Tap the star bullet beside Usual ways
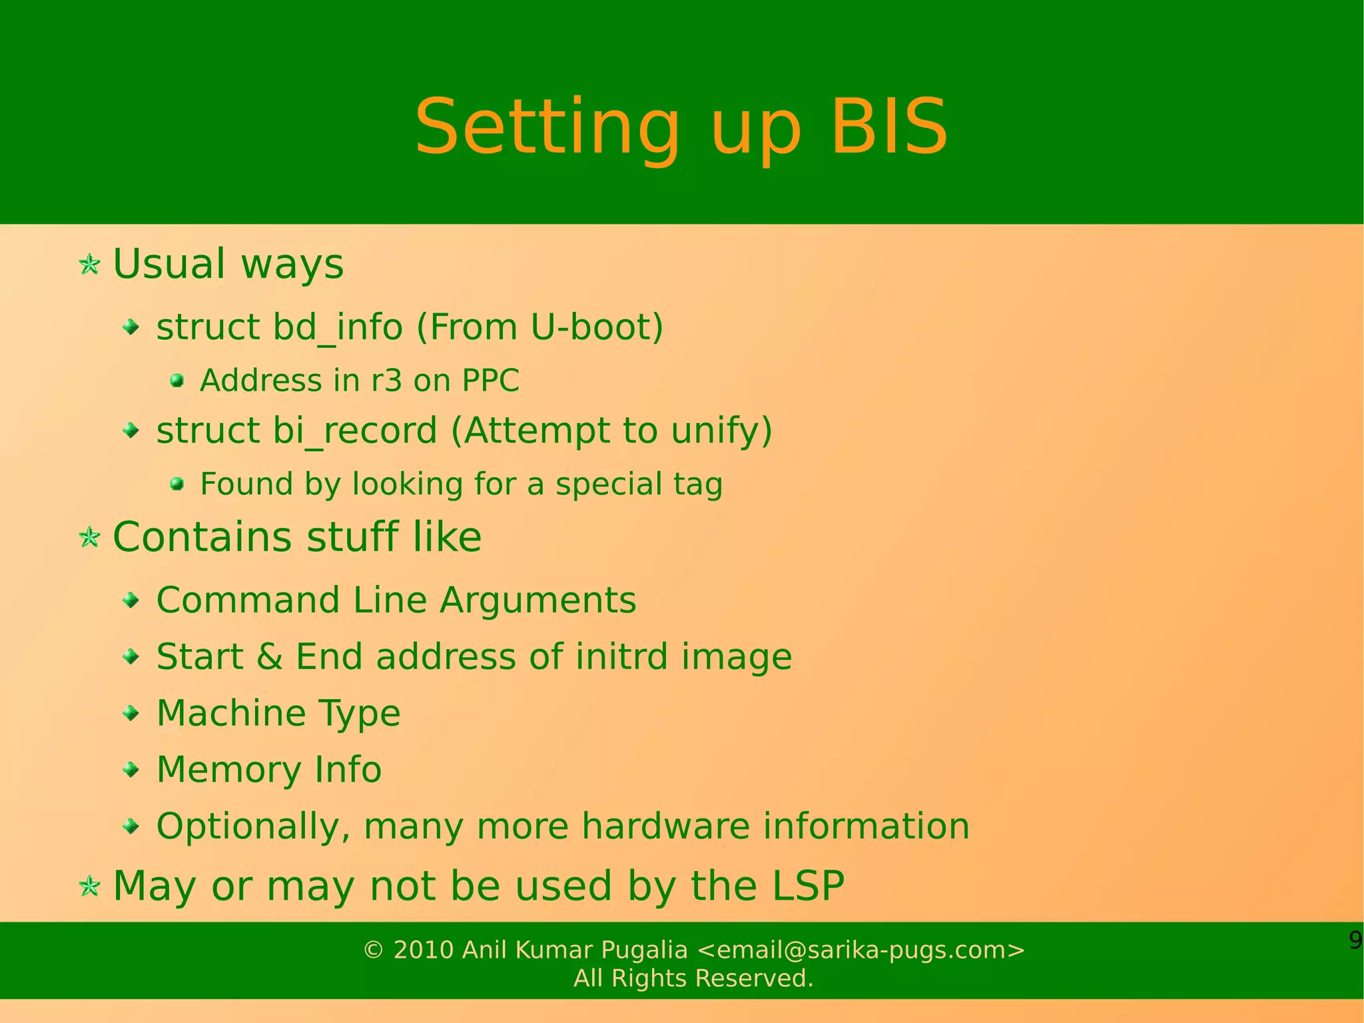[89, 265]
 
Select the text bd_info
[338, 328]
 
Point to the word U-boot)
[597, 327]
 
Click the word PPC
[490, 381]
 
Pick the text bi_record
[354, 431]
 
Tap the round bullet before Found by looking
[176, 484]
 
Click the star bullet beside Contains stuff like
[89, 537]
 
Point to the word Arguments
[537, 600]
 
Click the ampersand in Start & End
[269, 656]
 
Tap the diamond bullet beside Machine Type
[132, 714]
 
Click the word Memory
[228, 770]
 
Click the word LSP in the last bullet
[807, 886]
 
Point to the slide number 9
[1355, 940]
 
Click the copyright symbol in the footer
[374, 950]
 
